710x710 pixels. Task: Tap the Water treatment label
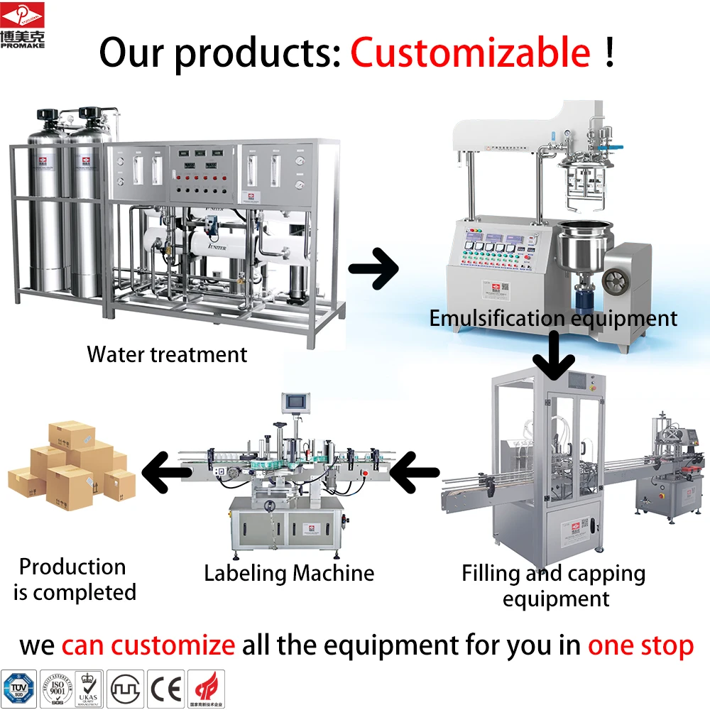coord(167,354)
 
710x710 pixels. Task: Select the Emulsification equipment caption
coord(553,318)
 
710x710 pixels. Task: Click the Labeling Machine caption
coord(288,573)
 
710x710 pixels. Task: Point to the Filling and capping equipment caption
coord(554,585)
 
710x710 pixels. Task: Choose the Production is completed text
coord(74,579)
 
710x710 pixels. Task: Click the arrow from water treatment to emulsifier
coord(373,268)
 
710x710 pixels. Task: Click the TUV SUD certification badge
coord(18,688)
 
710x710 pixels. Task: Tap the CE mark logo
coord(166,688)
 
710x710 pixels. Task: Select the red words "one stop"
coord(640,645)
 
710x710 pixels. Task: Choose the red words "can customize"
coord(148,645)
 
